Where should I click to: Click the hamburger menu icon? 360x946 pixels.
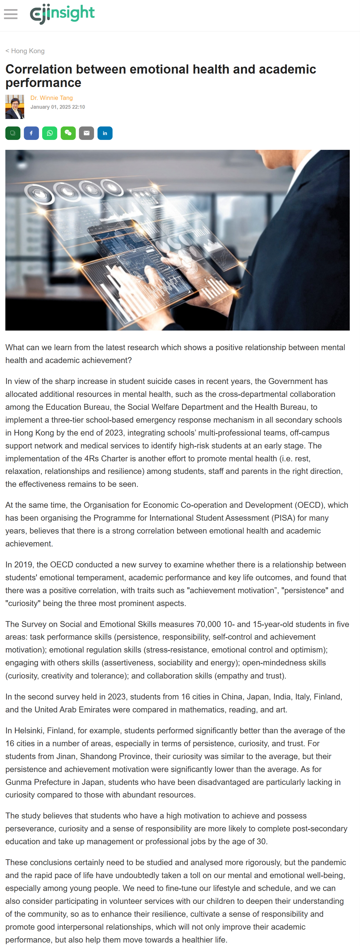coord(11,14)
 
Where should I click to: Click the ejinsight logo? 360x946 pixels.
coord(62,14)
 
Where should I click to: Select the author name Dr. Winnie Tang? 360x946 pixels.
coord(51,98)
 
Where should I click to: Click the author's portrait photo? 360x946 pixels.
coord(15,107)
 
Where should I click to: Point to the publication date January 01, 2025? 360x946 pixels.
coord(57,107)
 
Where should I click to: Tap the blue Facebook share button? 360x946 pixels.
coord(31,133)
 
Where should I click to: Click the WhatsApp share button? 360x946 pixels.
coord(50,133)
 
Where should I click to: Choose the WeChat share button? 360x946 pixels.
coord(68,133)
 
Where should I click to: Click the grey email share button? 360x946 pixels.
coord(86,133)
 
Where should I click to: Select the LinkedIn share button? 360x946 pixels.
coord(105,133)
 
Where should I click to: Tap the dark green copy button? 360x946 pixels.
coord(13,133)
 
